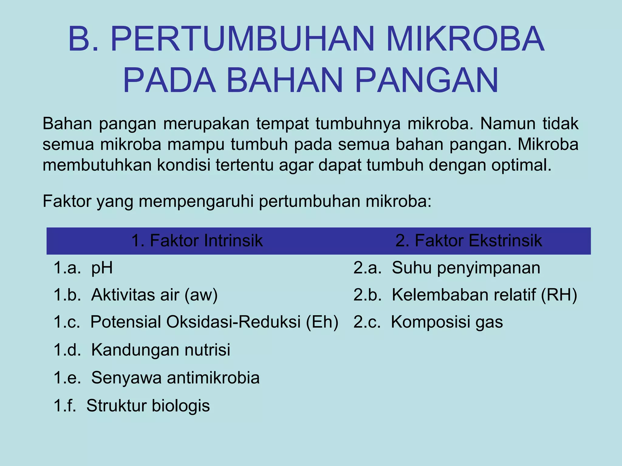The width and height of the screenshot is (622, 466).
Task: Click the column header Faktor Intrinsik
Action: click(197, 241)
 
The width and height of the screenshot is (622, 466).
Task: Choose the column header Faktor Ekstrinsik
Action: click(469, 241)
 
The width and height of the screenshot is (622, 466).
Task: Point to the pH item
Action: click(102, 268)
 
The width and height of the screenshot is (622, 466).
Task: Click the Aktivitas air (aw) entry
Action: click(154, 295)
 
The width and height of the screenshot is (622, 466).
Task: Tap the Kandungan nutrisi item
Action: click(161, 349)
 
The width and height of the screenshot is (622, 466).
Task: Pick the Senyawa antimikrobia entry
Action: click(175, 378)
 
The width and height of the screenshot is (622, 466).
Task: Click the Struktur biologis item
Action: click(148, 406)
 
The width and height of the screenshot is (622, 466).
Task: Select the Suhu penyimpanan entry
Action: click(466, 268)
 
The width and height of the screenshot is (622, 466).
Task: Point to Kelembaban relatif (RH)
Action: click(484, 295)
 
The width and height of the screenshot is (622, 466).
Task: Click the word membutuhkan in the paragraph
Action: click(97, 165)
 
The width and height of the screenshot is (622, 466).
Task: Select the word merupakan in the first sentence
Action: click(206, 124)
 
